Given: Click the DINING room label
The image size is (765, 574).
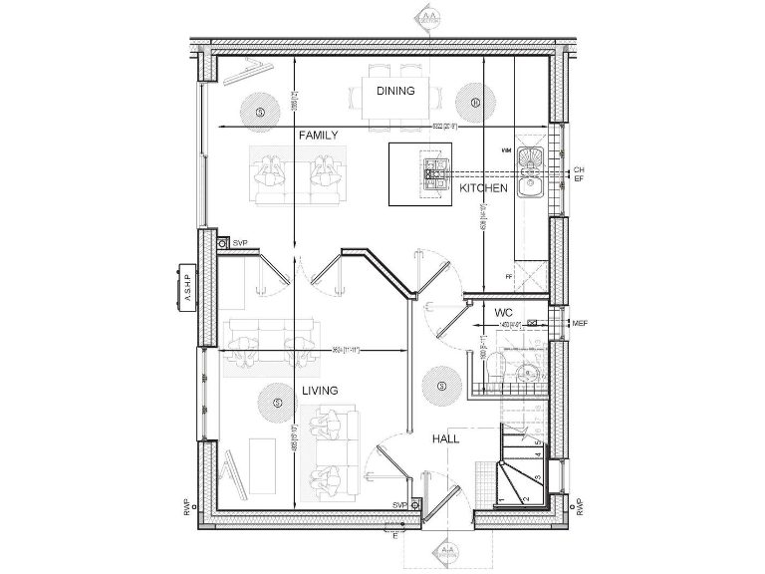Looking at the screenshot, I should coord(395,91).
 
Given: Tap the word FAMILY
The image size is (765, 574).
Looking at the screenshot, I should coord(318,135).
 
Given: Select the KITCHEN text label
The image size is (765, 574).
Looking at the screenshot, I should coord(483,187).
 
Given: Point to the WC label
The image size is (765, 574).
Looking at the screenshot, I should coord(504,313).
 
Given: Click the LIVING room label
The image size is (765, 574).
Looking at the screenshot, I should coord(320,391).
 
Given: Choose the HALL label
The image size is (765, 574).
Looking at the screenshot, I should coord(445,438).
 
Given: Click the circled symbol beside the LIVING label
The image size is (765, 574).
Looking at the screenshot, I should coord(278,403).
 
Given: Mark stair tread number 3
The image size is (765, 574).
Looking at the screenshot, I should coord(537,478).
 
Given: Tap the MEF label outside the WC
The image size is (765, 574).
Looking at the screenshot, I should coord(580,324).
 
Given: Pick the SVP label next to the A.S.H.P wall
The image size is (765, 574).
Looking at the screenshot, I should coord(239,243).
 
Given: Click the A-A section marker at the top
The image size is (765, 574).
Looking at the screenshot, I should coord(429,17).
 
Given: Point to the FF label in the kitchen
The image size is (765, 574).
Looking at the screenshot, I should coord(508,276).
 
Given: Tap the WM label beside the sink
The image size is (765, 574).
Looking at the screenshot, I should coord(506,149).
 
